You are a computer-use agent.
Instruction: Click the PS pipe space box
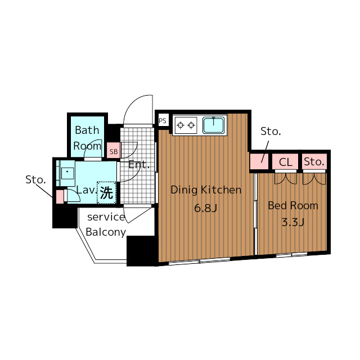coord(163,120)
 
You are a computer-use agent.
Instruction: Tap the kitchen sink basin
coord(213,125)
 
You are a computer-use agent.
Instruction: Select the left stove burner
coord(181,125)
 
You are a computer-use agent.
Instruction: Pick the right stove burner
coord(191,125)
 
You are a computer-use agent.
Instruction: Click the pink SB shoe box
coord(114,151)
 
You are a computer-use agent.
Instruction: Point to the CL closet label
coord(285,162)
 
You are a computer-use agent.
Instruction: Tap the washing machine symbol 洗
coord(107,192)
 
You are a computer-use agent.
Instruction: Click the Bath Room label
coord(87,138)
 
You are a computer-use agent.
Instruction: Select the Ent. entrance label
coord(139,164)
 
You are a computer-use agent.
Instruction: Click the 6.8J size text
coord(205,208)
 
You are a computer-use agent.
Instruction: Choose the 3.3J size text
coord(293,222)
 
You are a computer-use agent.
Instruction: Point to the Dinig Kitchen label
coord(206,190)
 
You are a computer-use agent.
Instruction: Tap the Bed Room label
coord(293,205)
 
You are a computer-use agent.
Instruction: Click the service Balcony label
coord(106,224)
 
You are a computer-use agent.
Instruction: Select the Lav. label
coord(86,190)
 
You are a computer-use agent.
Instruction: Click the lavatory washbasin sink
coord(67,173)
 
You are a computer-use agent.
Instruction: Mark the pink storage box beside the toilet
coord(60,196)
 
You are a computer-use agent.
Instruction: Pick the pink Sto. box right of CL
coord(314,161)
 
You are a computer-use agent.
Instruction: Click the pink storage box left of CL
coord(259,161)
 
